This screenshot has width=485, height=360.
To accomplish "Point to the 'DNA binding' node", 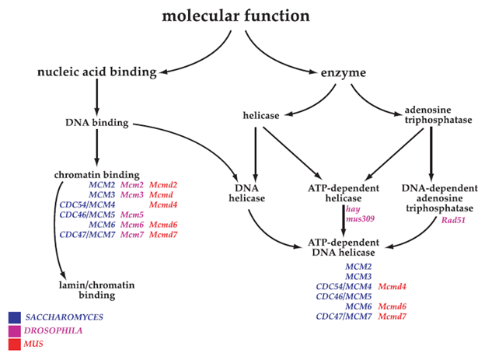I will point(97,122).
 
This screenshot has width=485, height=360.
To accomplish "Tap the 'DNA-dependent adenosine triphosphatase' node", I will point(432,199).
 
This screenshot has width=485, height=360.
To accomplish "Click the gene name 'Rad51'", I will point(431,218).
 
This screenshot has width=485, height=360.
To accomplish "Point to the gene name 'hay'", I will point(352,209).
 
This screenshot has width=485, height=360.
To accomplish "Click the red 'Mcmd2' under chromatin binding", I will point(164,185).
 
